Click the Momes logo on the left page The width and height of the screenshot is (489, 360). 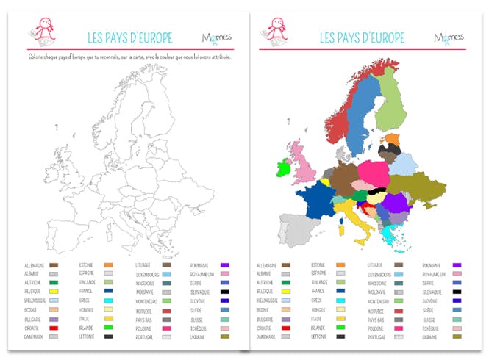[213, 37]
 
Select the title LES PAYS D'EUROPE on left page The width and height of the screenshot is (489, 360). [129, 37]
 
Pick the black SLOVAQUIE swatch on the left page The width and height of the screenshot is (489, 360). [226, 292]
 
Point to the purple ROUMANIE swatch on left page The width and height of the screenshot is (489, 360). [226, 264]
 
